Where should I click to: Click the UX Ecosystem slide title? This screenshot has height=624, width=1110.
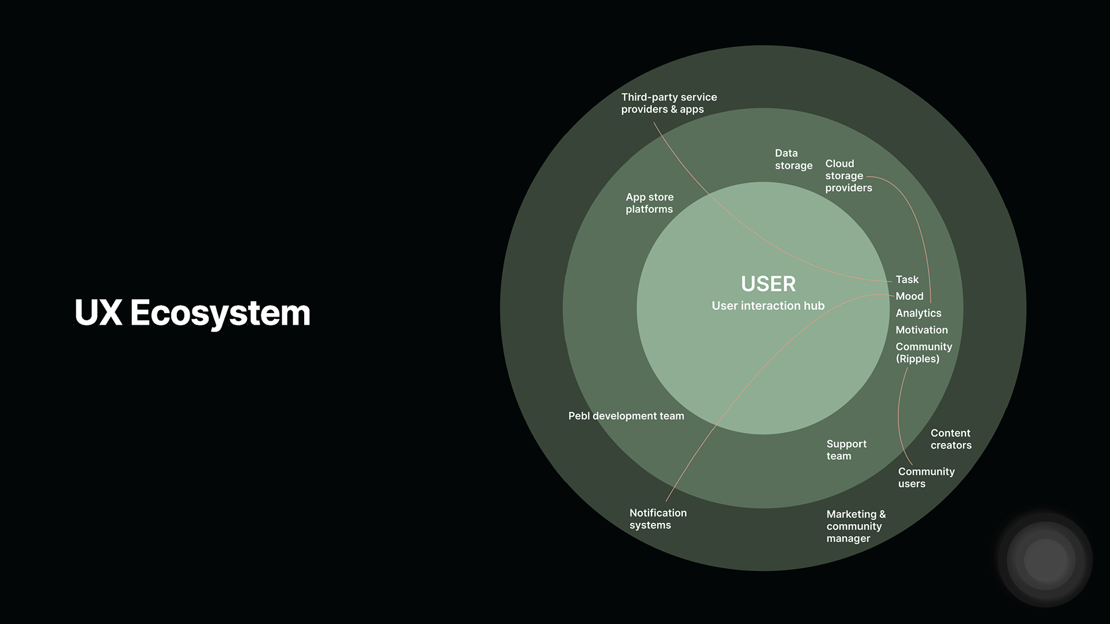pos(193,313)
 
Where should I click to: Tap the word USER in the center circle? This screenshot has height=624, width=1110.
pos(768,284)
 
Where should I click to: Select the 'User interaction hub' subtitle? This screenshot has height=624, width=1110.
pos(768,306)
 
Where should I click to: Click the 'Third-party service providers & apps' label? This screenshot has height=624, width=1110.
pos(669,103)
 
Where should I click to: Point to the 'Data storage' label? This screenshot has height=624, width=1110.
pos(793,159)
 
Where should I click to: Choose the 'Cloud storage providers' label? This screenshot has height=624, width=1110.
pos(848,176)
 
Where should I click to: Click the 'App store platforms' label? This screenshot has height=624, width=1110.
pos(649,203)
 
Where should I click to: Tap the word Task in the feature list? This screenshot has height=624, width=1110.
pos(906,280)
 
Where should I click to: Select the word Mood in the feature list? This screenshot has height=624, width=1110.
pos(909,296)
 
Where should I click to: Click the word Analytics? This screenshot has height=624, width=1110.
pos(918,313)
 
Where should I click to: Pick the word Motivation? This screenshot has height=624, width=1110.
pos(922,330)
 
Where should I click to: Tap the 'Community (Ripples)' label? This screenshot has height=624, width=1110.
pos(923,352)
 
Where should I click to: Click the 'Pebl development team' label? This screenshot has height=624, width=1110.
pos(626,416)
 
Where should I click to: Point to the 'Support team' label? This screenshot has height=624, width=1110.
pos(846,450)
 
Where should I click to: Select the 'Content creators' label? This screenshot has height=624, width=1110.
pos(950,439)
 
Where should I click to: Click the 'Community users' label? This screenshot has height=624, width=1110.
pos(926,477)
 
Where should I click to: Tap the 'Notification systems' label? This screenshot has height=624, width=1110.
pos(657,519)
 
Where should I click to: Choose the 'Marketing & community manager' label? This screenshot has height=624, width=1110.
pos(856,526)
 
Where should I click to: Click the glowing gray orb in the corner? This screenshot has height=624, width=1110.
pos(1045,560)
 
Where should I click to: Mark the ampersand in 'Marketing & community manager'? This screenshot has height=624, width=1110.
pos(882,514)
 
